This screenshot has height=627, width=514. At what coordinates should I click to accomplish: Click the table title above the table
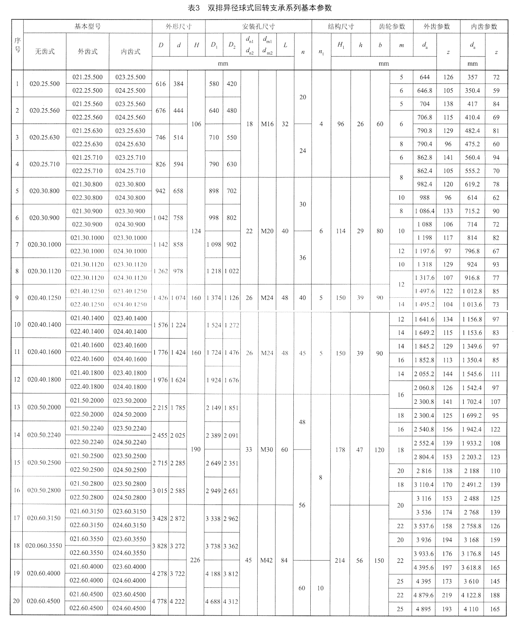point(257,8)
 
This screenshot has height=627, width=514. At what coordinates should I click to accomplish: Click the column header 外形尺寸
point(178,26)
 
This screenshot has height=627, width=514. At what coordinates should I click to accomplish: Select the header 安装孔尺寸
point(259,26)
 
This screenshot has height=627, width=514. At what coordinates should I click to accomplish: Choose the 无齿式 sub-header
point(45,51)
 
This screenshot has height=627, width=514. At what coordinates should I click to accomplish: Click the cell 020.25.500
point(45,84)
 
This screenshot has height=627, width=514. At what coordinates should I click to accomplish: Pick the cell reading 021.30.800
point(87,184)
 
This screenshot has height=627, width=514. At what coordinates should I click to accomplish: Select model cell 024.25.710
point(130,171)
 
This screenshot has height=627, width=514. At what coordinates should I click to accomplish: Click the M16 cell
point(267,124)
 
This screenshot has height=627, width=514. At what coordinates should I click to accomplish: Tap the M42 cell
point(267,560)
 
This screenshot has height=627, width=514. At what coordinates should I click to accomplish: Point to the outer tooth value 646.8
point(424,90)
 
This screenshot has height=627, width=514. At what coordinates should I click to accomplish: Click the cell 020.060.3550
point(44,545)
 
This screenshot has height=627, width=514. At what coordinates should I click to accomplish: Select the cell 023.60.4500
point(129,594)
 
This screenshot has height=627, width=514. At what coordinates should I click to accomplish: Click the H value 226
point(195,560)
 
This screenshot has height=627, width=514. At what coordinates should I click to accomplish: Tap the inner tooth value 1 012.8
point(472,291)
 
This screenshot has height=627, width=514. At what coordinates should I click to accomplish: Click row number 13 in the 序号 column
point(17,407)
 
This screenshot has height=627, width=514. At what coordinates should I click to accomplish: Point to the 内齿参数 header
point(484,26)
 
